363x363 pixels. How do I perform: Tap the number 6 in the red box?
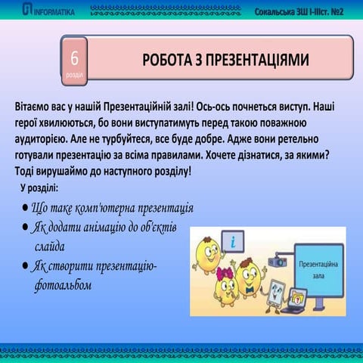[x=75, y=57]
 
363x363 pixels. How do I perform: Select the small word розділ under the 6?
[x=75, y=74]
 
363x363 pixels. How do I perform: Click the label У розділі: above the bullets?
[x=44, y=187]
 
